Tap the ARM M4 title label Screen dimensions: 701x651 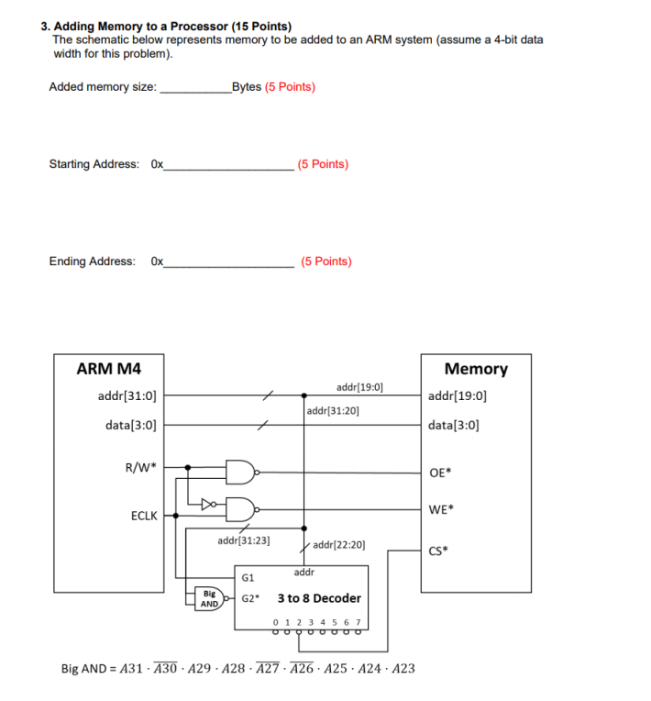tap(108, 369)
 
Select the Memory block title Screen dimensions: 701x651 tap(475, 369)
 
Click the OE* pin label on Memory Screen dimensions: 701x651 tap(440, 473)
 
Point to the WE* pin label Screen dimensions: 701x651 tap(440, 509)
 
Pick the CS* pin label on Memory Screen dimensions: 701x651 tap(439, 551)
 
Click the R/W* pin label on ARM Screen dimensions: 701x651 tap(140, 467)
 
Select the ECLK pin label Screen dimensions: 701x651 tap(143, 516)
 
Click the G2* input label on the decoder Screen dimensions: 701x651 tap(250, 598)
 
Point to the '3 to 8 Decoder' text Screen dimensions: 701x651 tap(319, 598)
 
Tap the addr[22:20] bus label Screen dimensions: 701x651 tap(339, 545)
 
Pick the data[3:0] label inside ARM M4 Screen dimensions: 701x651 tap(130, 425)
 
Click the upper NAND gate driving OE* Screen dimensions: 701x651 tap(240, 473)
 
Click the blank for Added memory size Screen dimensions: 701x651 tap(195, 88)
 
